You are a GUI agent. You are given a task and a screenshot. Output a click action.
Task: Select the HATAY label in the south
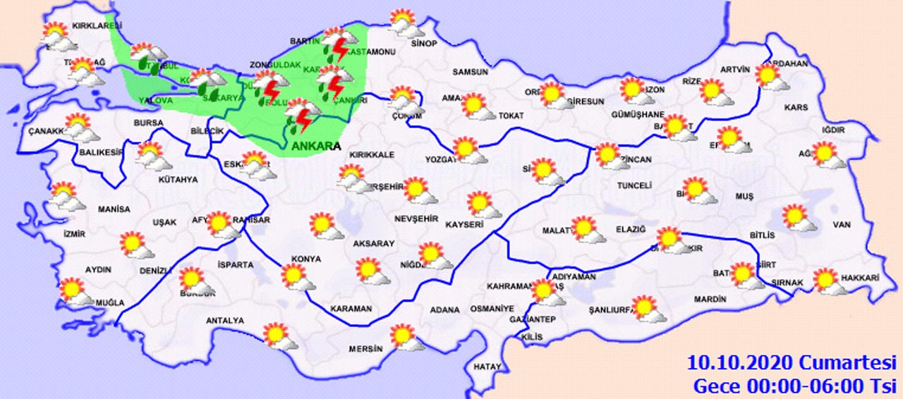(x=487, y=367)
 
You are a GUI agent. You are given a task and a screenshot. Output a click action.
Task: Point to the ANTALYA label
(x=224, y=321)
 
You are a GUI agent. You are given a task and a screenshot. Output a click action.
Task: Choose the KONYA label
(x=308, y=259)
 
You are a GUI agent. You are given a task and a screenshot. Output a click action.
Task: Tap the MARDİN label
(x=709, y=300)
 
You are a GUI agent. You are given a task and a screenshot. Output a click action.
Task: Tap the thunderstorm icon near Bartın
(x=338, y=44)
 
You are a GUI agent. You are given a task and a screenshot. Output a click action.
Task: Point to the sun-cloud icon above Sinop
(x=405, y=23)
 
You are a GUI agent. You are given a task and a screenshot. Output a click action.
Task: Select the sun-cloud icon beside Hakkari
(x=828, y=281)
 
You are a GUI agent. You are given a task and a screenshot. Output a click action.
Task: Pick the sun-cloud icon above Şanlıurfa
(x=646, y=309)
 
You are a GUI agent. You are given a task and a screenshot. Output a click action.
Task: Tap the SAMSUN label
(x=471, y=72)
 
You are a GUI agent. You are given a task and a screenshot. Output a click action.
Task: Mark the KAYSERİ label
(x=463, y=224)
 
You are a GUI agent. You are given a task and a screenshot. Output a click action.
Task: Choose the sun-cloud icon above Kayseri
(x=483, y=205)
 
